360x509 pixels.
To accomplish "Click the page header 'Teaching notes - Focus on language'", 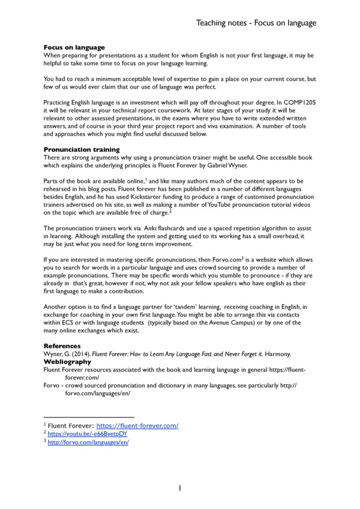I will click(256, 23).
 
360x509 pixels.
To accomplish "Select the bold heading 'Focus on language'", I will click(74, 47).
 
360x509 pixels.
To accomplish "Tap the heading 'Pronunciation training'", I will click(82, 149).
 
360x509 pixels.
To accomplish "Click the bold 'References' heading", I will click(62, 346).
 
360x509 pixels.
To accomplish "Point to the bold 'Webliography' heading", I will click(67, 362).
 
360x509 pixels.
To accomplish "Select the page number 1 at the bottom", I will click(179, 489).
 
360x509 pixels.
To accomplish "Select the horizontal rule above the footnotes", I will click(89, 417).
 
